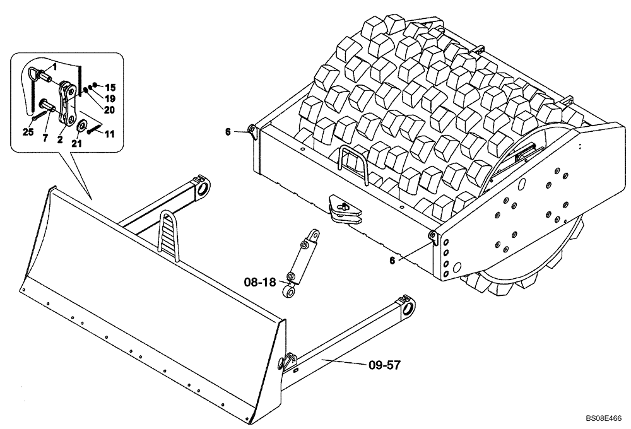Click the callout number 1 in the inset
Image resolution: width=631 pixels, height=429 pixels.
[55, 66]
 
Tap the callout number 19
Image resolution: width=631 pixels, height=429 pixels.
[110, 98]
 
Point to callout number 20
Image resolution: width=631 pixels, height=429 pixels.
[110, 109]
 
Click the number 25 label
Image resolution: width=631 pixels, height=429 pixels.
[27, 131]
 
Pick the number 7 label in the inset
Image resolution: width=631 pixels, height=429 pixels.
[45, 138]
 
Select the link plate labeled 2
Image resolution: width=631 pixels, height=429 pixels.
[66, 104]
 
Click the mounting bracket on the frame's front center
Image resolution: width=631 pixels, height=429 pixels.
[343, 209]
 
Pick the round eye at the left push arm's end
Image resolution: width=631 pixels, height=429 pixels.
[203, 189]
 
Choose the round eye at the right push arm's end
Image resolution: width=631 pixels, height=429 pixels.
[407, 308]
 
